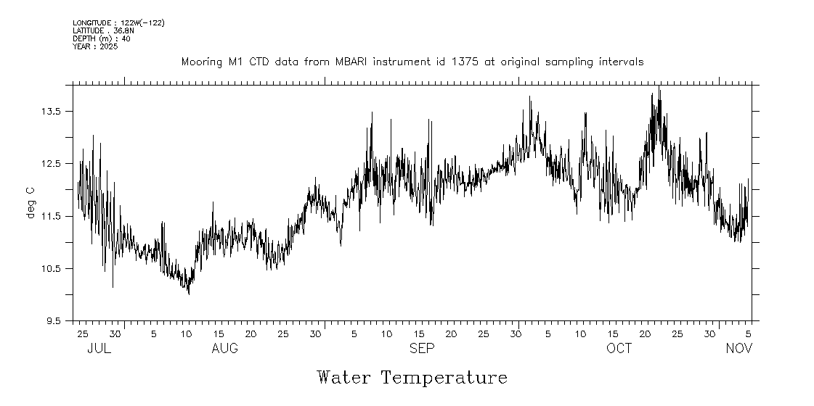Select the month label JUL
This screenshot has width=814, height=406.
click(x=99, y=349)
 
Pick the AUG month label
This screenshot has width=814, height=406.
click(x=224, y=349)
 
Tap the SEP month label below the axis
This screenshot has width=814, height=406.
click(x=422, y=349)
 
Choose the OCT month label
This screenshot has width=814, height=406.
click(x=619, y=349)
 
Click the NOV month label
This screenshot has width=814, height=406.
click(x=739, y=349)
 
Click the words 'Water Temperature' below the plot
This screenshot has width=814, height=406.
click(x=412, y=378)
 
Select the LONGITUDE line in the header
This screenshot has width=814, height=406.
click(x=118, y=23)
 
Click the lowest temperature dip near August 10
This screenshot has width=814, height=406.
click(x=189, y=294)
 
